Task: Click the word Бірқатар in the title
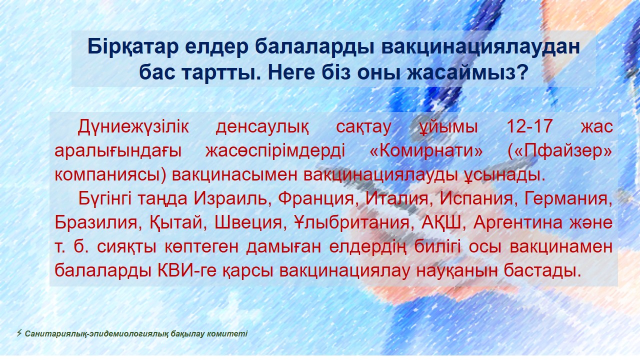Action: tap(133, 46)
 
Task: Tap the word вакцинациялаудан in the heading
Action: tap(480, 47)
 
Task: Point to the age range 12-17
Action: tap(529, 126)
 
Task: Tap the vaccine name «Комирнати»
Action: tap(426, 151)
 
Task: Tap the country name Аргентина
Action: tap(517, 222)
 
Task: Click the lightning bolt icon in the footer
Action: tap(19, 333)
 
